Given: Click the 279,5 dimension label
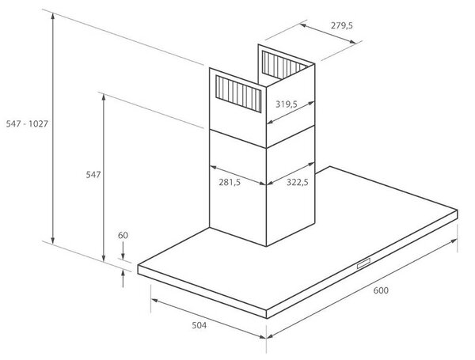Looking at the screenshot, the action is point(342,25).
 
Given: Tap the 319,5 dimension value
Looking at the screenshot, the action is point(287,104).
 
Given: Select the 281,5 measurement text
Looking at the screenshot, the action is point(230,182).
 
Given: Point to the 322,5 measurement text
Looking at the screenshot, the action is point(297,182).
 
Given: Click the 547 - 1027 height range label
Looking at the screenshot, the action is point(27,123).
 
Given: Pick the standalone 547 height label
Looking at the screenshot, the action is point(93,175).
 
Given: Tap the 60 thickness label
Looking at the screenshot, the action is point(123,235).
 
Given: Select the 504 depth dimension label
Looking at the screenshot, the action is point(199,325).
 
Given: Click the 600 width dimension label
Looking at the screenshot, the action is point(381,290).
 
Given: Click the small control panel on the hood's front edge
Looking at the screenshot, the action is point(363,263).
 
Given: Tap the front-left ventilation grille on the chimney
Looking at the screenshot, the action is point(238,94).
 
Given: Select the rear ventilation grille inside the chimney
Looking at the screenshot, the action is point(283,64).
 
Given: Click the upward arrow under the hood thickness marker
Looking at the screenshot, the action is point(123,279).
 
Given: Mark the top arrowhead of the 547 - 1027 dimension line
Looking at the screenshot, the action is point(53,17).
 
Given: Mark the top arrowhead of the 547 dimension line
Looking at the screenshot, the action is point(104,98).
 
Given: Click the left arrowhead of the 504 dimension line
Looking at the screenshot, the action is point(154,301).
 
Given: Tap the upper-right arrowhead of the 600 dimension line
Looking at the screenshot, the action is point(454,241).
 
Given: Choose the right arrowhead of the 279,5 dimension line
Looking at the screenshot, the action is point(352,42).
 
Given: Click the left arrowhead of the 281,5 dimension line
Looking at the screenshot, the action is point(213,167).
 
